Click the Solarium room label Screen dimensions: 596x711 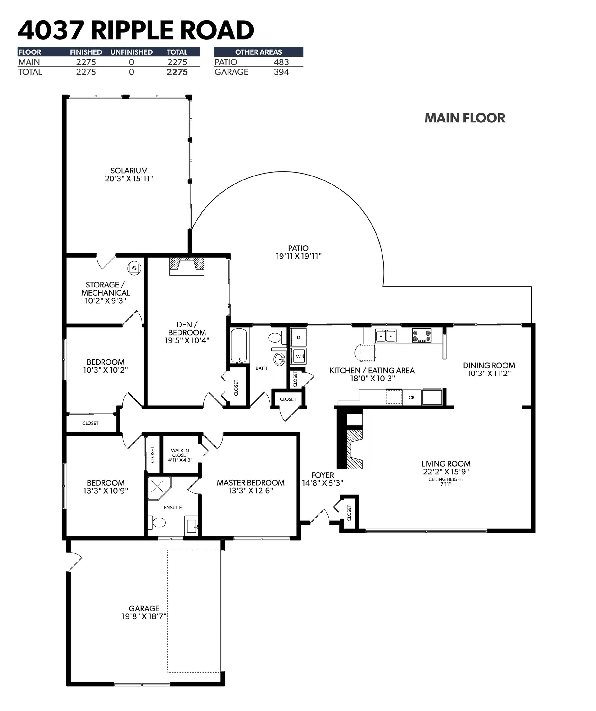(129, 171)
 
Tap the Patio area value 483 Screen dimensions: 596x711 (281, 62)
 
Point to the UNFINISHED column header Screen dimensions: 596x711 (132, 52)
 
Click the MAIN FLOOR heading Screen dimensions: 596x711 (465, 118)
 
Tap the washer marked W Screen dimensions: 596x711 (299, 356)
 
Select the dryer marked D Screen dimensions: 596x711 (299, 337)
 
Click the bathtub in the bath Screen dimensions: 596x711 (240, 346)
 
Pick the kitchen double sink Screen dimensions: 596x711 (386, 336)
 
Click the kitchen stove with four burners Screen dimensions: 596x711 (422, 336)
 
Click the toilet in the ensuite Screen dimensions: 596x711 (157, 522)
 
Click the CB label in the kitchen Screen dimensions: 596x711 (412, 398)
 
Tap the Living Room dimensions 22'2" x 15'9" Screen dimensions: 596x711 (446, 472)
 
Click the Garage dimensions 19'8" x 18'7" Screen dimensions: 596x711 (144, 616)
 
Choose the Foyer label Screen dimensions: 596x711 (323, 475)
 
